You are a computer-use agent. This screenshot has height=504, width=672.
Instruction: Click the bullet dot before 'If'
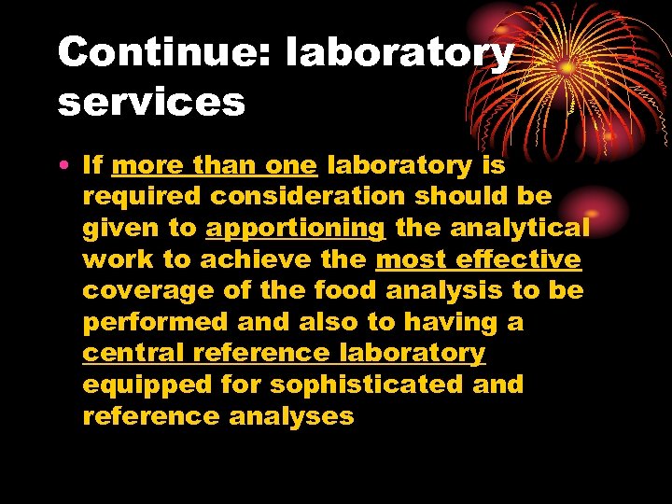pyautogui.click(x=62, y=167)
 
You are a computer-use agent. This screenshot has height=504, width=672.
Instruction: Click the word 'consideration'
pyautogui.click(x=307, y=197)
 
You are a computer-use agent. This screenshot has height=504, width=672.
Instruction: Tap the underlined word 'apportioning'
pyautogui.click(x=296, y=229)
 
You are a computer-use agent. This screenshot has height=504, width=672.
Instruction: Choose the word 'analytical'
pyautogui.click(x=531, y=228)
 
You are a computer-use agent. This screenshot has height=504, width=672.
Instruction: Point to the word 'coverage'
pyautogui.click(x=149, y=291)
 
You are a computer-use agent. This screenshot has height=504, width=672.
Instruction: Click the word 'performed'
pyautogui.click(x=148, y=323)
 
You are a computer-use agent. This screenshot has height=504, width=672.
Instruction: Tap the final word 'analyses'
pyautogui.click(x=291, y=416)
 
